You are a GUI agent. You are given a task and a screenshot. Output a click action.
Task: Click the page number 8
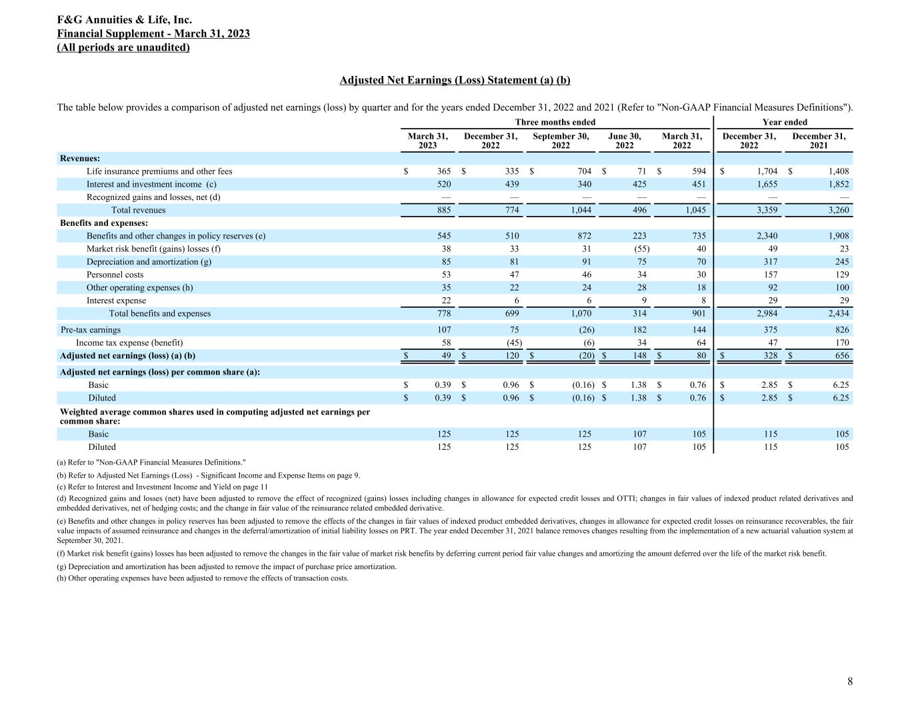coord(849,681)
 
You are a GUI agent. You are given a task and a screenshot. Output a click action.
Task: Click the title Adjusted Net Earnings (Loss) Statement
coord(455,80)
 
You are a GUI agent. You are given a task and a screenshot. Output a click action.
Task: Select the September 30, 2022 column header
coord(561,141)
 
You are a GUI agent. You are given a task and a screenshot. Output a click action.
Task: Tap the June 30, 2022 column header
coord(625,141)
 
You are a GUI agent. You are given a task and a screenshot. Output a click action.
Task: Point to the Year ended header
coord(785,122)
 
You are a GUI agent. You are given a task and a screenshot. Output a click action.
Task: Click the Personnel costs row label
coord(115,275)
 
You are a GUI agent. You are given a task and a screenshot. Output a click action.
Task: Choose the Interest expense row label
coord(116,301)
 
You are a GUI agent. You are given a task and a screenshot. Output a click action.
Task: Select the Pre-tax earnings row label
coord(91,330)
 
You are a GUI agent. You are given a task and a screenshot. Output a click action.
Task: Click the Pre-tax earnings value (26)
coord(583,330)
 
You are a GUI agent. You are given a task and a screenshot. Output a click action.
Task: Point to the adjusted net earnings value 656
coord(842,356)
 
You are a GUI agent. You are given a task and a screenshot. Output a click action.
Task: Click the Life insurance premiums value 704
coord(583,171)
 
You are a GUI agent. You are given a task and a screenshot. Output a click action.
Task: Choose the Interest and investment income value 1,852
coord(838,184)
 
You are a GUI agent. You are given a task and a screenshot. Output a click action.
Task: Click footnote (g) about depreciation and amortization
coord(227,566)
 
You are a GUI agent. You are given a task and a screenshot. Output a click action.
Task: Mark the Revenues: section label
coord(80,158)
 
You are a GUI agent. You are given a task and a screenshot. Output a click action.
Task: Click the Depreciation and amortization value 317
coord(769,262)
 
